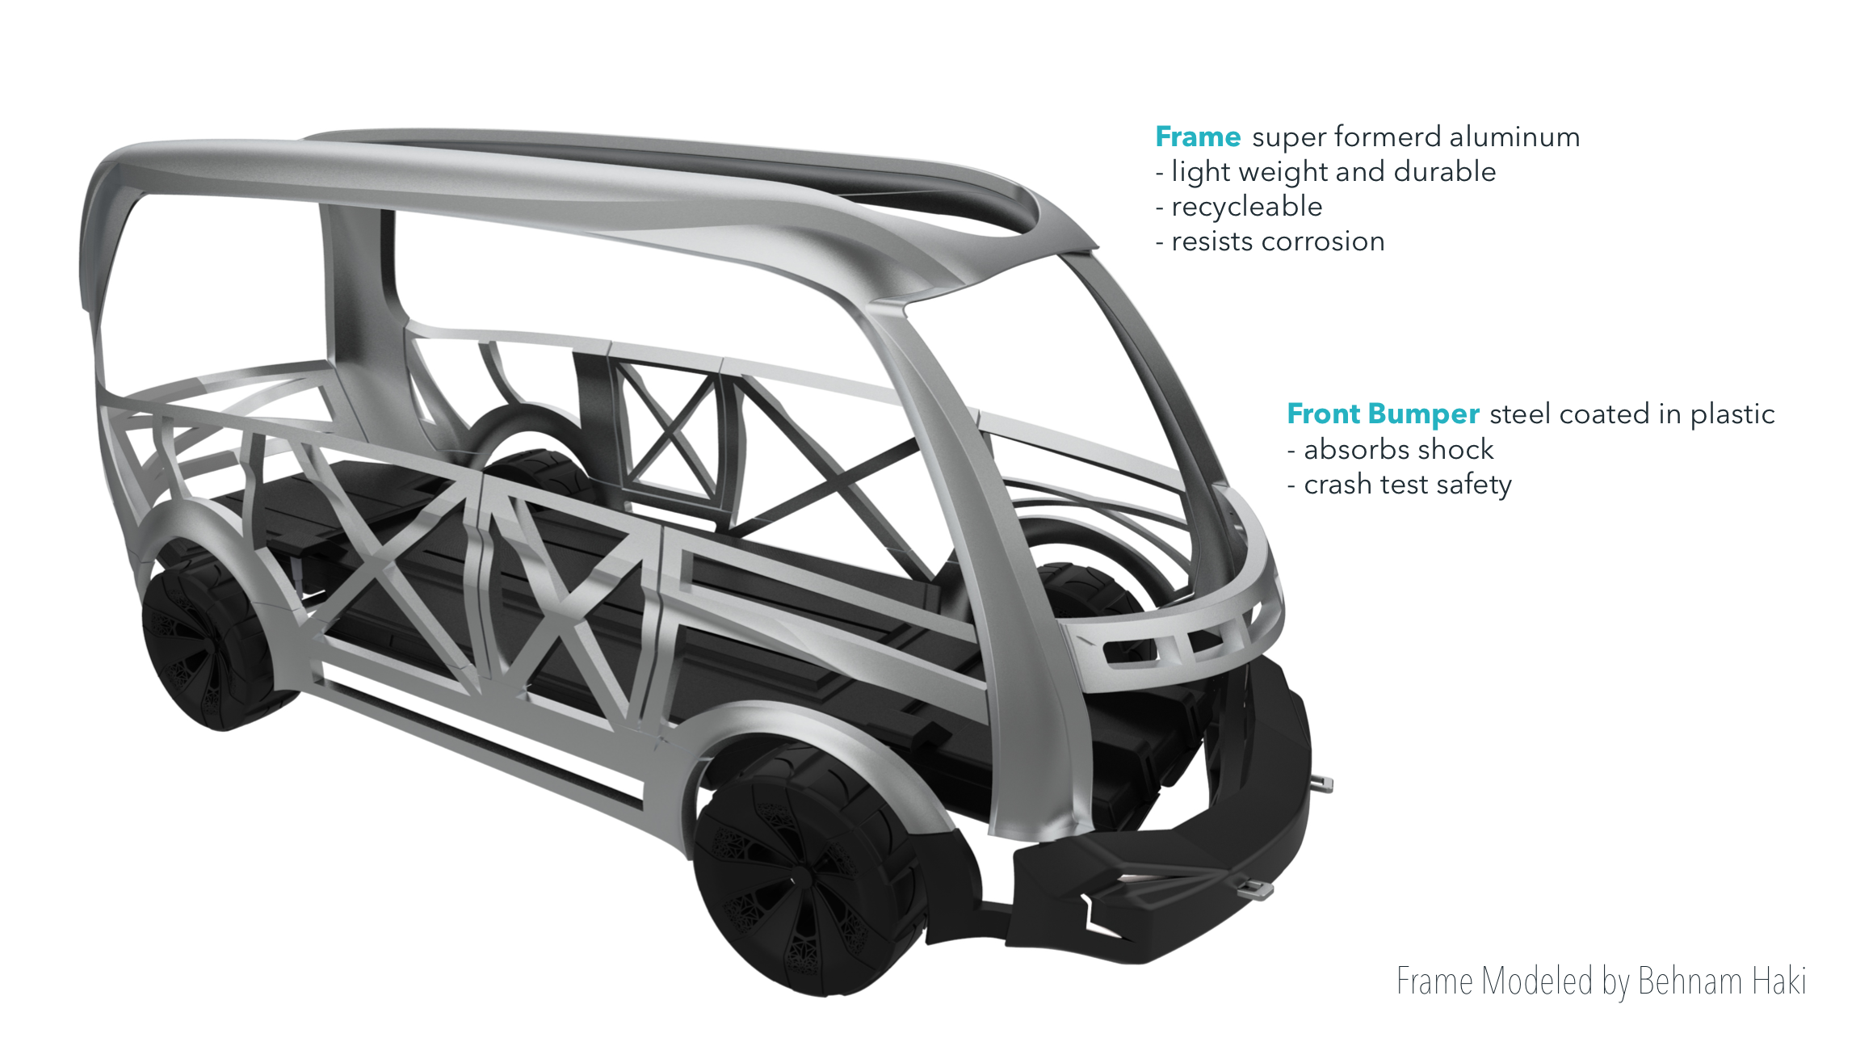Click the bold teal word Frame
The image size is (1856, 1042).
[x=1197, y=137]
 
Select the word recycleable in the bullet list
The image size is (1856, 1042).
[x=1246, y=207]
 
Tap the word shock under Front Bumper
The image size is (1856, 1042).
[x=1457, y=449]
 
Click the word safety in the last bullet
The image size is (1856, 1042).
[x=1474, y=485]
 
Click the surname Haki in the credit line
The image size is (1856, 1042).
[x=1778, y=981]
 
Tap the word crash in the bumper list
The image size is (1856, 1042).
[x=1338, y=485]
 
